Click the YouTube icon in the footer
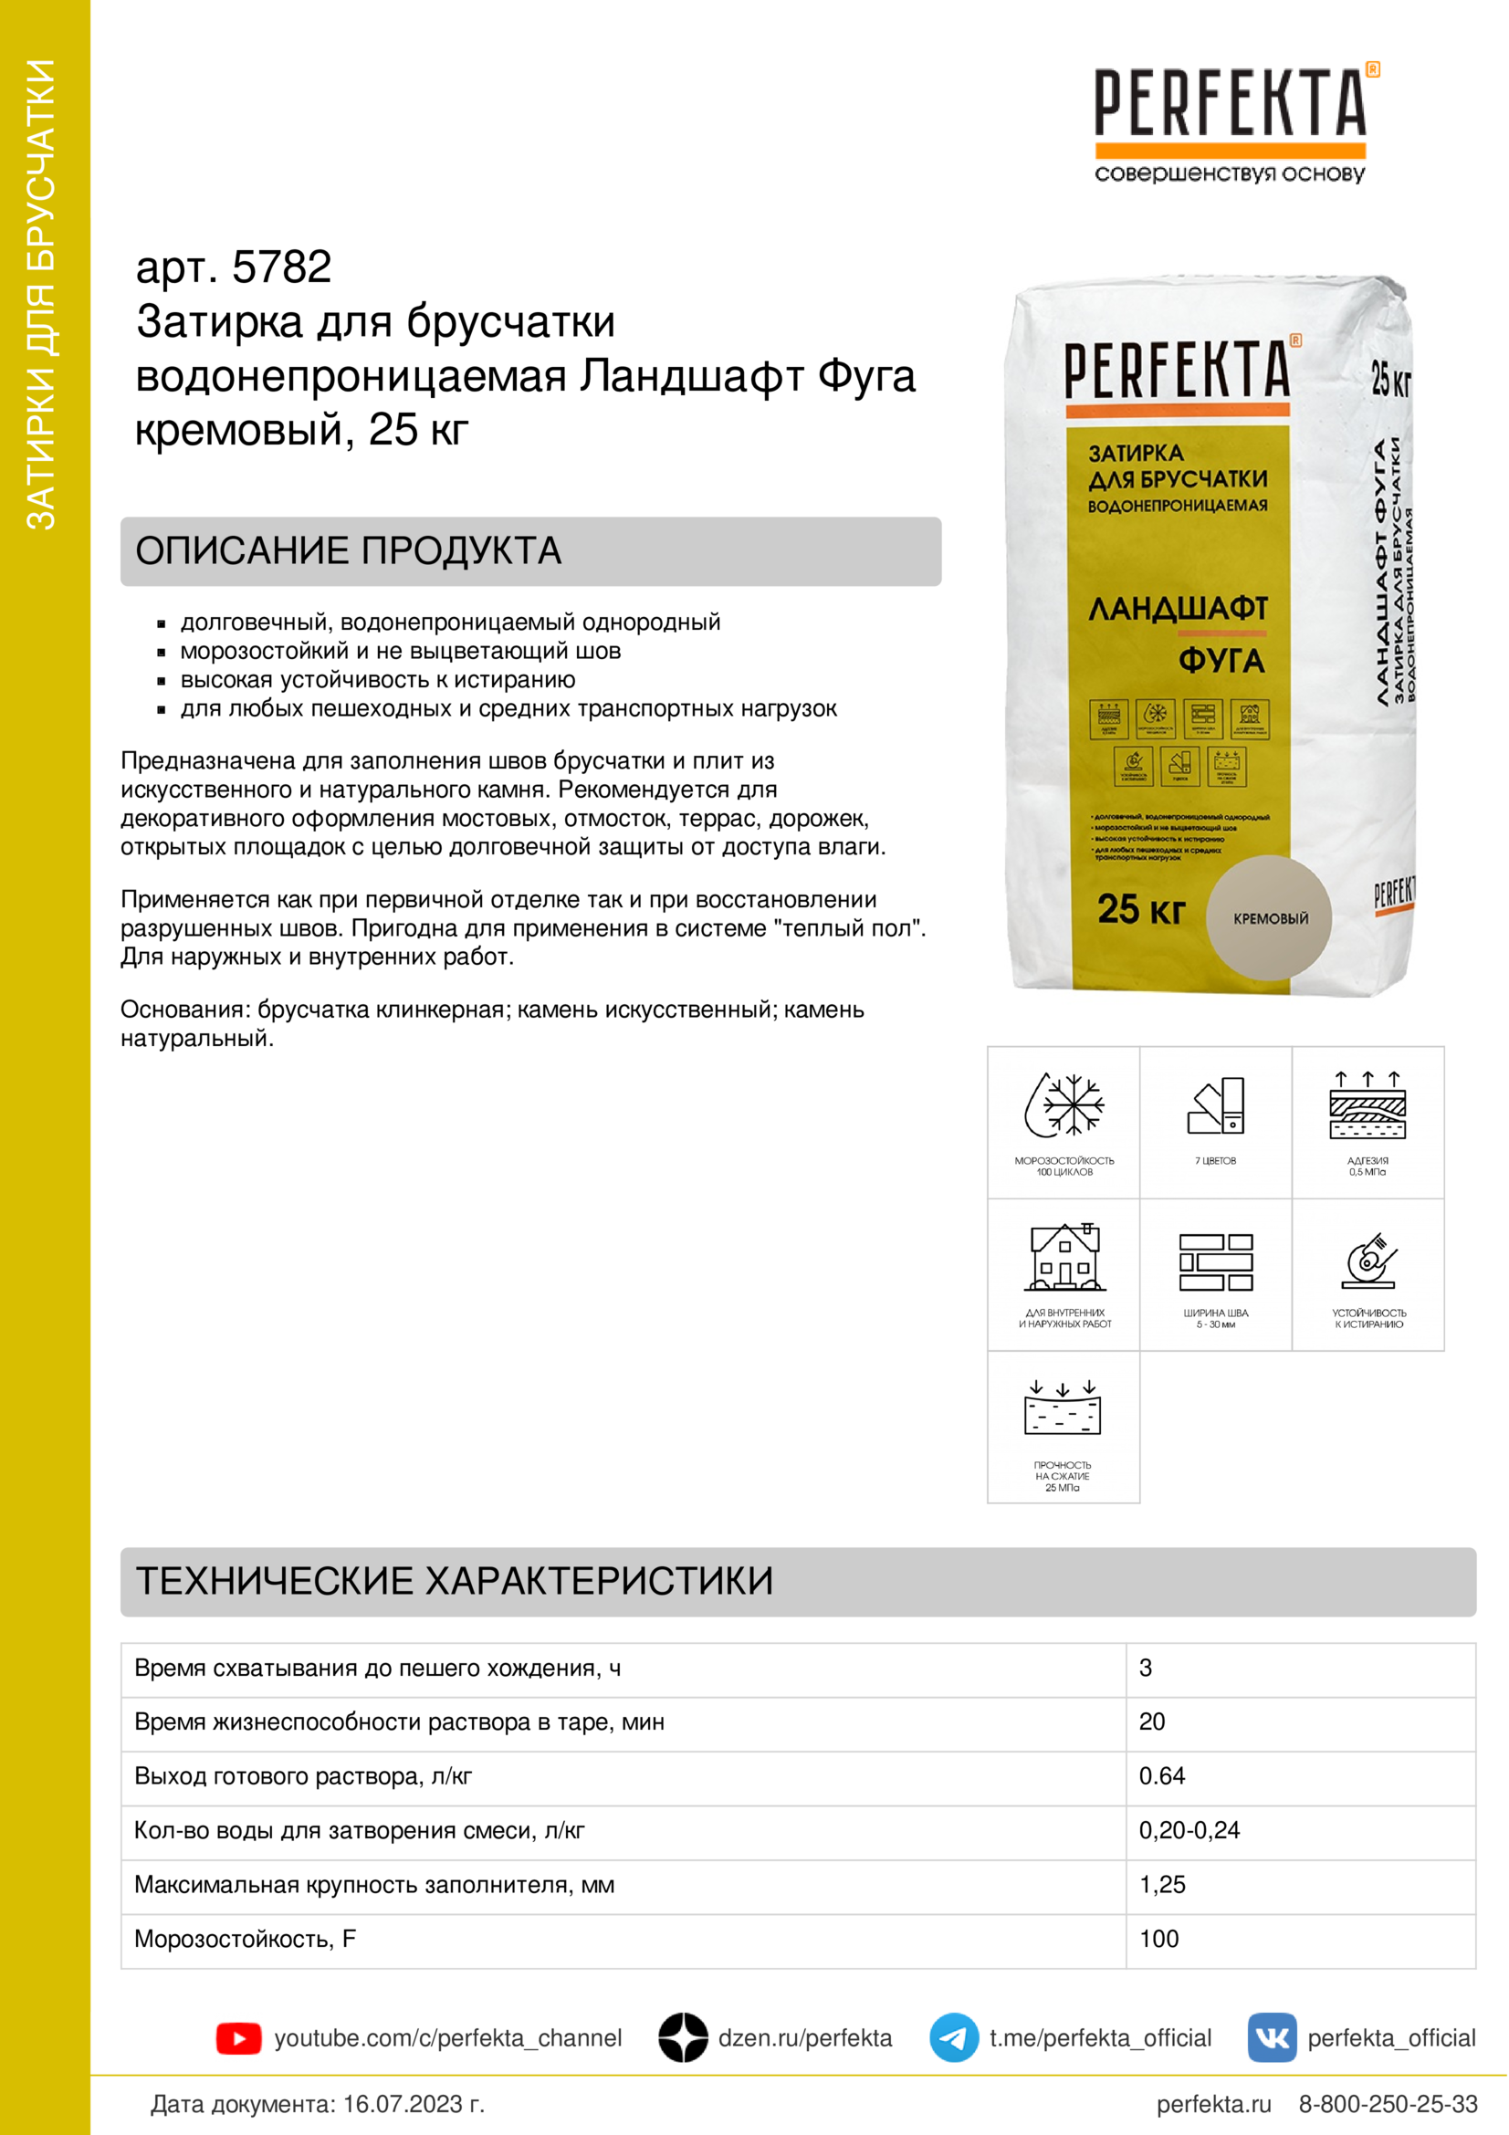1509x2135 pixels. pos(238,2038)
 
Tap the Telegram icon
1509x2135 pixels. pos(953,2037)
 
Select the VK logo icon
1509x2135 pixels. pos(1271,2037)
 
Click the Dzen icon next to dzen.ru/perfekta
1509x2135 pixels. pos(683,2037)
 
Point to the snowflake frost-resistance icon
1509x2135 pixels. pos(1064,1105)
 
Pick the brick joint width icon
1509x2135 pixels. pos(1215,1261)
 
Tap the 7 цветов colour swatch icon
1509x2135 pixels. pos(1216,1105)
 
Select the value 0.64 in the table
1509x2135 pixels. pos(1162,1776)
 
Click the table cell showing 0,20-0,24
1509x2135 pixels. pos(1189,1830)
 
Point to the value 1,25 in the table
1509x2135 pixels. pos(1162,1885)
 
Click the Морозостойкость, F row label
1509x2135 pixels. pos(246,1939)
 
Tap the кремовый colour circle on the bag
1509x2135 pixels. pos(1269,917)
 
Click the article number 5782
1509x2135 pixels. pos(281,267)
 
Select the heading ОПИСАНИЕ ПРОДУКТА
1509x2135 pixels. pos(349,550)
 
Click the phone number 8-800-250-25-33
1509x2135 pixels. pos(1388,2104)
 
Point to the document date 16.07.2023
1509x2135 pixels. pos(413,2104)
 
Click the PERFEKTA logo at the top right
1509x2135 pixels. pos(1230,120)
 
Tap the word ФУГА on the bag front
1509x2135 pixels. pos(1221,661)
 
